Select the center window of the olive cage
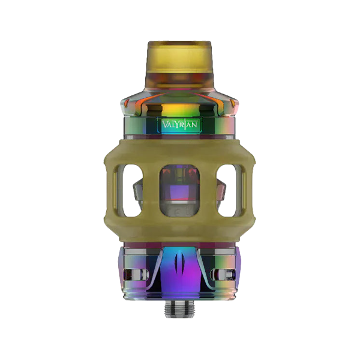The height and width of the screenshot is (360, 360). pos(180,192)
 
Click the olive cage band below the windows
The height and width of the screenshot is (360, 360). pos(180,231)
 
